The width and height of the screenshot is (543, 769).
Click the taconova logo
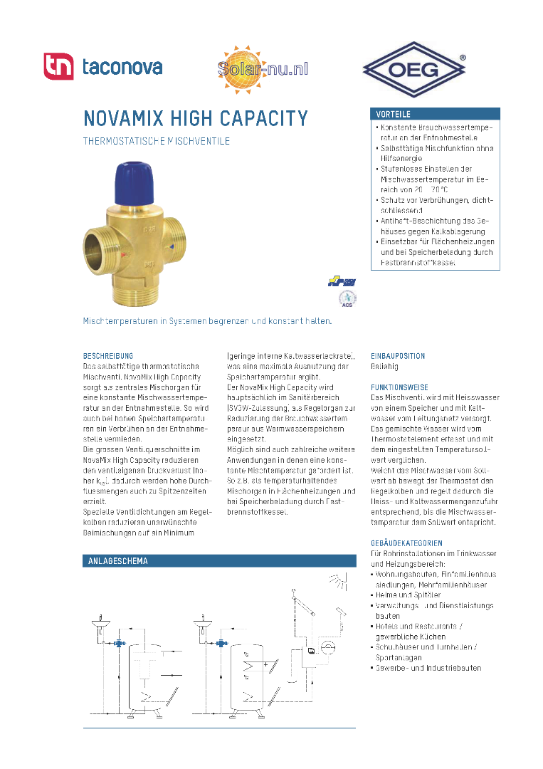pos(103,67)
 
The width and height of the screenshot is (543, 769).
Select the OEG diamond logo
pos(414,69)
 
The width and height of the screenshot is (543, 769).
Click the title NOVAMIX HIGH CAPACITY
pos(196,117)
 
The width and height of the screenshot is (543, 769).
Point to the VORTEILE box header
pos(435,114)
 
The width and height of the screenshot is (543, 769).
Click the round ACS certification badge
pos(347,299)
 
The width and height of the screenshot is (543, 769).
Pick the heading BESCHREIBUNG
pos(108,355)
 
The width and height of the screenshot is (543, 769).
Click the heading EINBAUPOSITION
pos(398,355)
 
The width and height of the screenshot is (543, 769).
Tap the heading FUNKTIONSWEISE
pos(399,387)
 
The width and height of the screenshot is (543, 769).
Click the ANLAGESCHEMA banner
pos(219,561)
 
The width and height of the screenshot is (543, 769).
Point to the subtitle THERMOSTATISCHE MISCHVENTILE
pos(157,141)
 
